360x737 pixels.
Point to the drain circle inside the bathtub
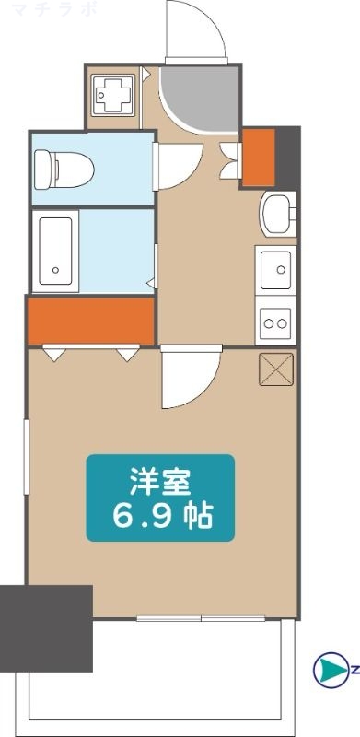55,271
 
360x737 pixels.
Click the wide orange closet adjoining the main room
89,320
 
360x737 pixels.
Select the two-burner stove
275,322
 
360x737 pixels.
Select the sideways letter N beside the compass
354,670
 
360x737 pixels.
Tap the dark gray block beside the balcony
46,627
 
